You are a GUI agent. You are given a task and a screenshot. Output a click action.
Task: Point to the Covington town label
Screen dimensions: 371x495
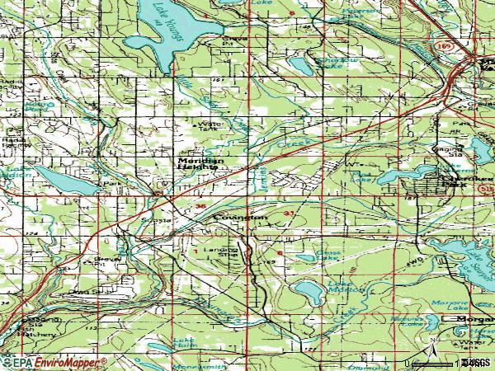point(241,217)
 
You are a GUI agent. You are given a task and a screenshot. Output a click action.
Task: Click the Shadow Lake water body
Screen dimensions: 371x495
point(301,64)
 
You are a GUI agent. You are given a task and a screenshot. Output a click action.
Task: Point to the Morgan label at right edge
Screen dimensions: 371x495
point(470,318)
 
